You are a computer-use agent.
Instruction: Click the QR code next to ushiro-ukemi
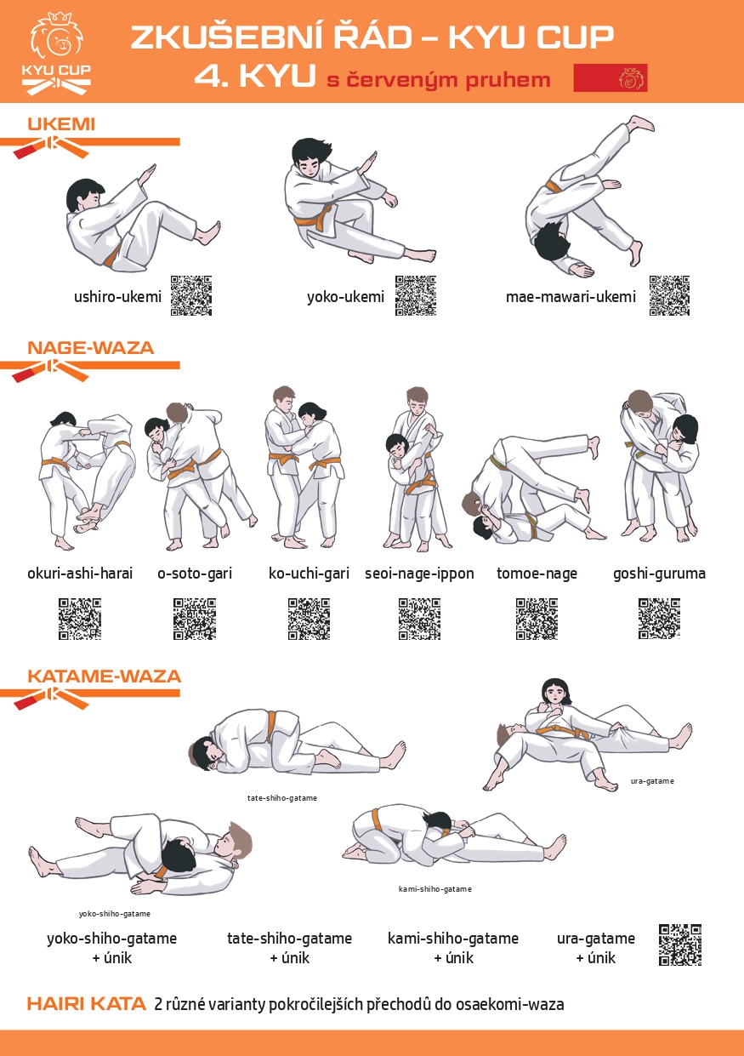point(190,295)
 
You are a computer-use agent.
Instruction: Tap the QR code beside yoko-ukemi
point(416,295)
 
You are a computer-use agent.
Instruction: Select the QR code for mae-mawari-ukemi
point(669,295)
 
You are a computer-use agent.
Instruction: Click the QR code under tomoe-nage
point(537,619)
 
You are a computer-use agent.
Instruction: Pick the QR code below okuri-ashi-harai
point(80,619)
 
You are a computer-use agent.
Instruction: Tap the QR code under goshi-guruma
point(659,619)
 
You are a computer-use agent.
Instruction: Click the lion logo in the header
point(56,54)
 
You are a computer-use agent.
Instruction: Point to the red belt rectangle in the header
point(611,77)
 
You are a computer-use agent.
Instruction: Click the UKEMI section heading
point(61,124)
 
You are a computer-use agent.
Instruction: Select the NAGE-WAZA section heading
point(90,348)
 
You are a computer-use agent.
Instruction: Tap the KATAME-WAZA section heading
point(104,676)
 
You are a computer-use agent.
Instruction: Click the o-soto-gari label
point(195,574)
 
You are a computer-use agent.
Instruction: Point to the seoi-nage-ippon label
point(419,574)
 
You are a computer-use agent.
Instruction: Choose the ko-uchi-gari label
point(310,574)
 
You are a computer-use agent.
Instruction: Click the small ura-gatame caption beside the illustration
point(652,781)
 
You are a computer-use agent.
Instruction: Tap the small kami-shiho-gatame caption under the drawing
point(434,889)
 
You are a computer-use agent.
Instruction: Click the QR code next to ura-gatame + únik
point(680,945)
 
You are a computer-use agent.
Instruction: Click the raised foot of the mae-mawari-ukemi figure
point(641,123)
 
